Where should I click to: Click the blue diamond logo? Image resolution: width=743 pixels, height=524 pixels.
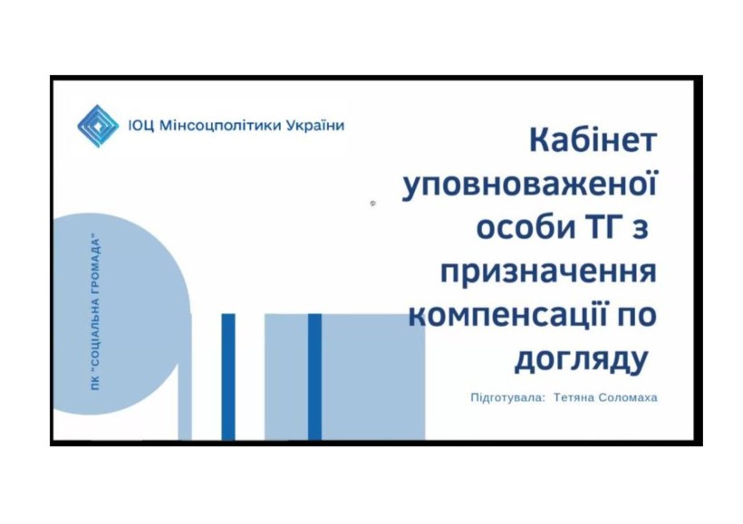coord(98,126)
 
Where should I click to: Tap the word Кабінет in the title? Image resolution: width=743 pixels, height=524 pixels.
coord(593,140)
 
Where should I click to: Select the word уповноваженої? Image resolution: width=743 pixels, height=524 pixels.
coord(529,184)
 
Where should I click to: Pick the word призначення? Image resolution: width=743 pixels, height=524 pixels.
coord(549,272)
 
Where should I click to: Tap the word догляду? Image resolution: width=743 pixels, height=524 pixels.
coord(581,359)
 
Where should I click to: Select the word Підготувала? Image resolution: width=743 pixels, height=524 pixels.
coord(507,397)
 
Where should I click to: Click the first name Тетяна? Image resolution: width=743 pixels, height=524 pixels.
coord(574,397)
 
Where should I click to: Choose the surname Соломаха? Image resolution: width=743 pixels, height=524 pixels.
coord(628,397)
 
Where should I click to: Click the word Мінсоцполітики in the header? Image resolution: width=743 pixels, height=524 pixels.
coord(219,126)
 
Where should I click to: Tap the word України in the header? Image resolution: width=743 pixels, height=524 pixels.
coord(314,126)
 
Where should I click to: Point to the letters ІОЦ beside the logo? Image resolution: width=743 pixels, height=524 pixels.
coord(141,126)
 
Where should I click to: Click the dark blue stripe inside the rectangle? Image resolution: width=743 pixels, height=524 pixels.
coord(314,376)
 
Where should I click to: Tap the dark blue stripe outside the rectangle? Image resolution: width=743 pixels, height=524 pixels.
coord(228,376)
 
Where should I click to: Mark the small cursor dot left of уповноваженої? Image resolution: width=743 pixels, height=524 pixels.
coord(373,204)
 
